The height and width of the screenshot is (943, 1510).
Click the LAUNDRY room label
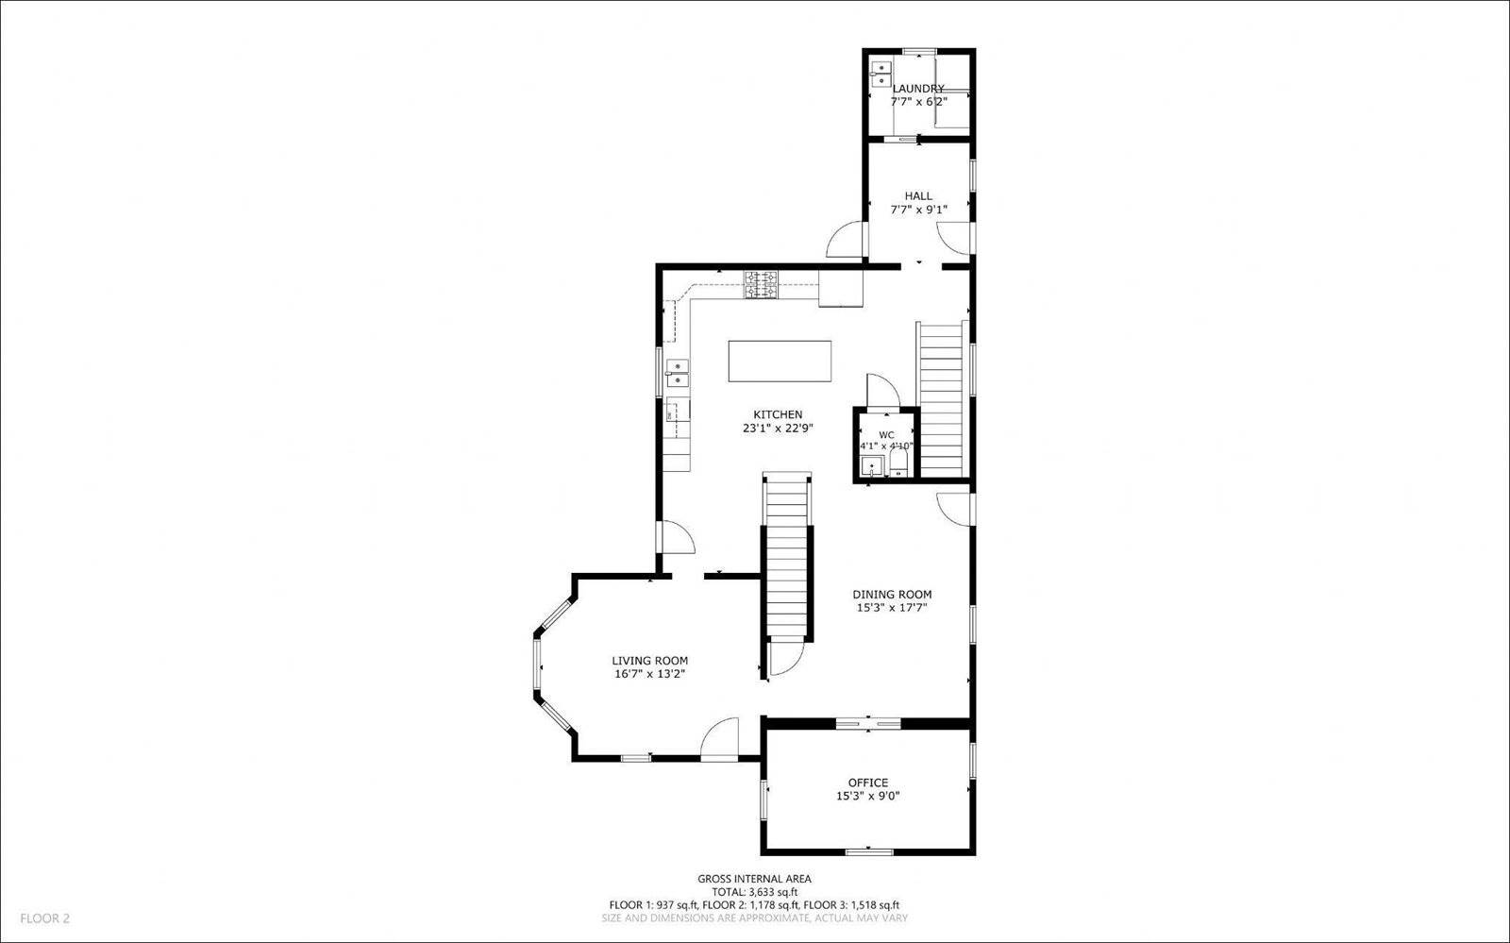(x=918, y=89)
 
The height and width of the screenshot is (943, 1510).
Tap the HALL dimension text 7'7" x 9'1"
(x=918, y=210)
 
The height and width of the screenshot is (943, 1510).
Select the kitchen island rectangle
(x=780, y=362)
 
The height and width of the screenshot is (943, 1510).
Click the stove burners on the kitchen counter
(x=762, y=284)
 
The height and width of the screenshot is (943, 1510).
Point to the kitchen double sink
(x=677, y=373)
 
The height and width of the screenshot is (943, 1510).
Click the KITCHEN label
(x=778, y=414)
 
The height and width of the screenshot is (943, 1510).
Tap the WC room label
(x=886, y=435)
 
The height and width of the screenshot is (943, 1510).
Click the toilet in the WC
(x=898, y=463)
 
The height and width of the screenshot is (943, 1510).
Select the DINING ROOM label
(x=892, y=595)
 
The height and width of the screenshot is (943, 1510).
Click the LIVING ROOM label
(x=649, y=661)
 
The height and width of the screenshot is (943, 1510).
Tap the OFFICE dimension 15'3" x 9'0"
(x=867, y=796)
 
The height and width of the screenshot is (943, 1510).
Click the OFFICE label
(x=867, y=783)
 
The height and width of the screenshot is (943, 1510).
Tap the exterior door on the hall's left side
(x=845, y=240)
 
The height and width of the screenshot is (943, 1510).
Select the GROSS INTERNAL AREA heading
(x=754, y=879)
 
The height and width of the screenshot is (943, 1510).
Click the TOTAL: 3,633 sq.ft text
(x=754, y=892)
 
